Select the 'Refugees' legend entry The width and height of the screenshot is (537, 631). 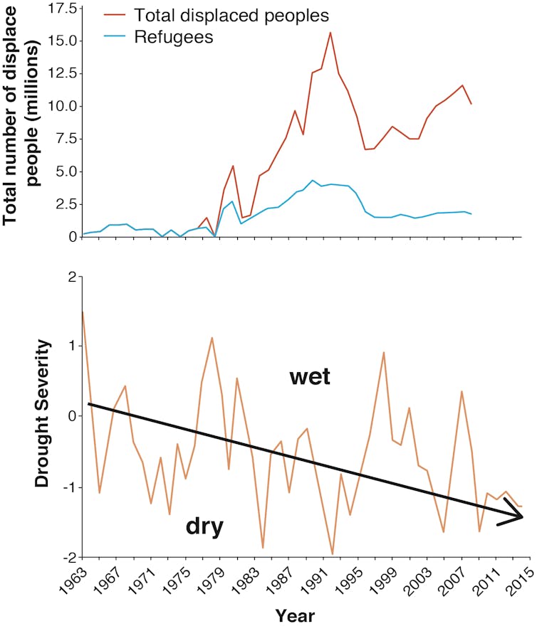click(173, 37)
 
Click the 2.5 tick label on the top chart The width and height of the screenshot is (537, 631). click(63, 203)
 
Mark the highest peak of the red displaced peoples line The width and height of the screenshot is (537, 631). click(330, 32)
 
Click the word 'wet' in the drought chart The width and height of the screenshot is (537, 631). click(310, 376)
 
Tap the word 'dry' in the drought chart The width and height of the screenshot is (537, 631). click(205, 526)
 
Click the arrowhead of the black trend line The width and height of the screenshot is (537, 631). click(519, 516)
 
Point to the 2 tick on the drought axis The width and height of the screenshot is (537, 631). click(71, 277)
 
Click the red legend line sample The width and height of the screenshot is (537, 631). click(114, 14)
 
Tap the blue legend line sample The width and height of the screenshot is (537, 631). click(114, 38)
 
